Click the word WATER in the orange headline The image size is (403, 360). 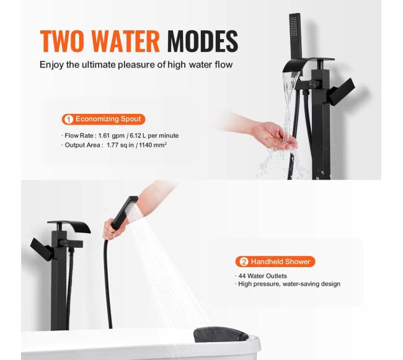point(126,42)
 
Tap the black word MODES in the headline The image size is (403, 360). point(203,42)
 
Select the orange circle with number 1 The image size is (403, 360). point(68,120)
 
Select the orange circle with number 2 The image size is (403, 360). point(244,261)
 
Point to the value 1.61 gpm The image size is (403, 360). point(111,136)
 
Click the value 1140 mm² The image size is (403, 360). point(153,145)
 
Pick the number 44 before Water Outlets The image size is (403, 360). point(242,276)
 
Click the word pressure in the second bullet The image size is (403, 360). point(266,284)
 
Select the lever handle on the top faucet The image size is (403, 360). point(341,92)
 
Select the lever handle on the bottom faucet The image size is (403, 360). point(42,249)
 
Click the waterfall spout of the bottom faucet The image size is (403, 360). point(69,226)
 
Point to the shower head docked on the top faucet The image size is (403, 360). point(296,37)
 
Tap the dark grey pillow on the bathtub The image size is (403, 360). point(221,335)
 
